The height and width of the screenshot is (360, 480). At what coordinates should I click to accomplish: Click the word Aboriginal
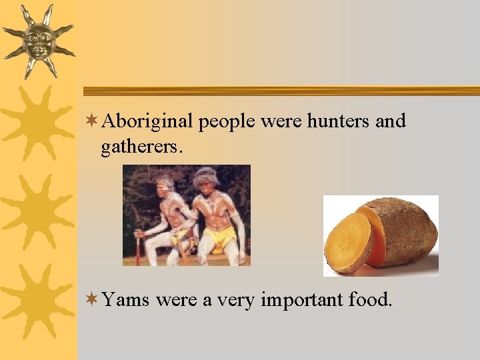[148, 122]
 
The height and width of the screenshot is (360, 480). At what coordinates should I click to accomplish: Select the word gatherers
[141, 147]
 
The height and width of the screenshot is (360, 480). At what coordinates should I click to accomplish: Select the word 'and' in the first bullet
[390, 121]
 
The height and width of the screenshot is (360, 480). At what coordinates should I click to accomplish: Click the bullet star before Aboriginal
[93, 121]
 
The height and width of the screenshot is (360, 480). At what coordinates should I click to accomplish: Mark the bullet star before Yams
[93, 300]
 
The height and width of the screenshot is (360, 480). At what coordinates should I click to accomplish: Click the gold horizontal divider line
[280, 91]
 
